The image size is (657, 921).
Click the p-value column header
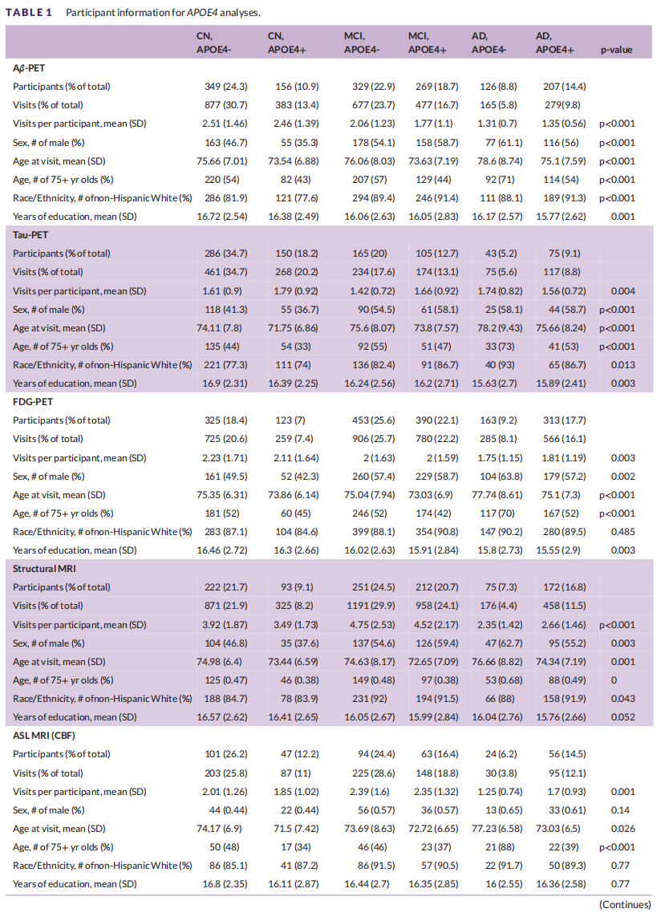point(616,50)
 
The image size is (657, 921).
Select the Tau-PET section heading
point(30,235)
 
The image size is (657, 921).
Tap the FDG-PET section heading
point(33,402)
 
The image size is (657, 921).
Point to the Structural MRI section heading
point(44,569)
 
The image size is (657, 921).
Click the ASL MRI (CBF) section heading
point(44,736)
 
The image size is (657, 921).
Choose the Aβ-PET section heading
point(29,68)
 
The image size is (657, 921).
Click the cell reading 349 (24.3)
point(226,87)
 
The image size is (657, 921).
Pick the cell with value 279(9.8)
point(562,105)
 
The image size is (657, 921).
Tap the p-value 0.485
point(623,532)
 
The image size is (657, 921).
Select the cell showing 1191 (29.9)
point(370,606)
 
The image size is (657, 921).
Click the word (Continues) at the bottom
point(625,905)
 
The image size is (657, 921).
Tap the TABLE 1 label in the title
point(29,12)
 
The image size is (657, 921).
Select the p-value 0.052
point(623,717)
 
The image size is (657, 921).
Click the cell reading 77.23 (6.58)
point(497,829)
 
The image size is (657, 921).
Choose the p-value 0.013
point(623,365)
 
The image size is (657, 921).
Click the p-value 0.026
point(623,829)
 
